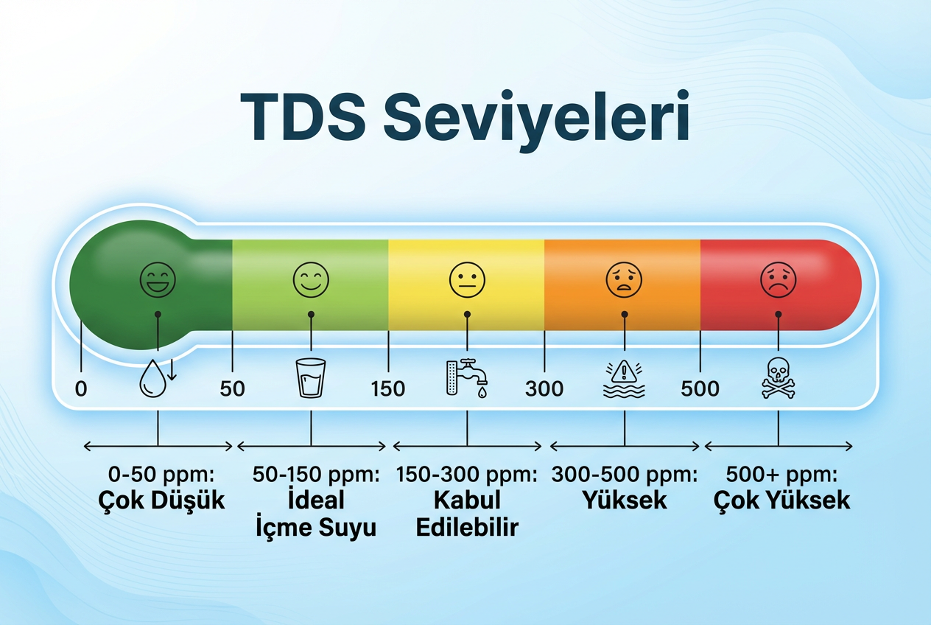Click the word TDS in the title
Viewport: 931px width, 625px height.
pyautogui.click(x=303, y=117)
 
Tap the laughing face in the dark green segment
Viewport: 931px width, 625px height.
pyautogui.click(x=158, y=280)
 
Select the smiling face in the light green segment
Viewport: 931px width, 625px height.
pyautogui.click(x=311, y=280)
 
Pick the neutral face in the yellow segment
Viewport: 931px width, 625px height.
pyautogui.click(x=467, y=280)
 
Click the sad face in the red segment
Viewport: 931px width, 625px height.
pyautogui.click(x=779, y=280)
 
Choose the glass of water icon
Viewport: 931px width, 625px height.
pyautogui.click(x=311, y=378)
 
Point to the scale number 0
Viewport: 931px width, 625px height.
pyautogui.click(x=80, y=388)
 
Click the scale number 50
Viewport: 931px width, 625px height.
pyautogui.click(x=232, y=388)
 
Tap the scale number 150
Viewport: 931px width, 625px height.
pyautogui.click(x=388, y=388)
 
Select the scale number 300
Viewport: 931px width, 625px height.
pyautogui.click(x=544, y=388)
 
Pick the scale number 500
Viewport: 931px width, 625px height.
pyautogui.click(x=700, y=388)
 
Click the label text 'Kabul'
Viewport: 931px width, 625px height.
pyautogui.click(x=467, y=500)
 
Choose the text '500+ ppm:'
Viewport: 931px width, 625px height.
pyautogui.click(x=781, y=474)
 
